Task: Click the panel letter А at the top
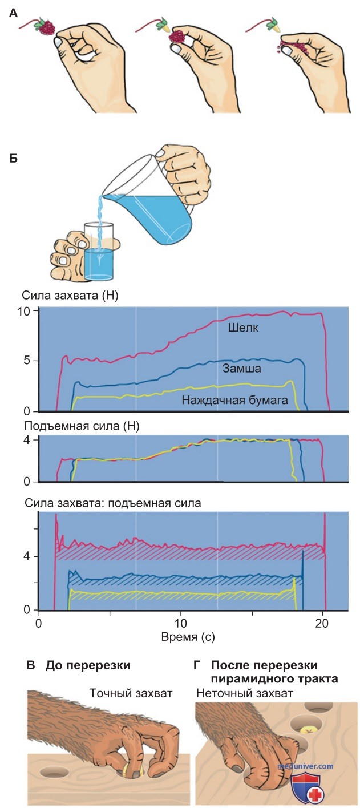(13, 14)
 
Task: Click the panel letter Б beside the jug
(13, 159)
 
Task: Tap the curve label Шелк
(243, 328)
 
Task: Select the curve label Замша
(242, 368)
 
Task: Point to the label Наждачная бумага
(235, 400)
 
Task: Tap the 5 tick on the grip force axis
(27, 361)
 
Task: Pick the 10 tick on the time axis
(180, 623)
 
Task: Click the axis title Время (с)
(188, 637)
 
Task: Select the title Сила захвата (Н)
(70, 296)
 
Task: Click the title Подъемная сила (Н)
(82, 426)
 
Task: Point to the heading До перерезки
(88, 665)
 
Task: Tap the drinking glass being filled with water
(99, 251)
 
